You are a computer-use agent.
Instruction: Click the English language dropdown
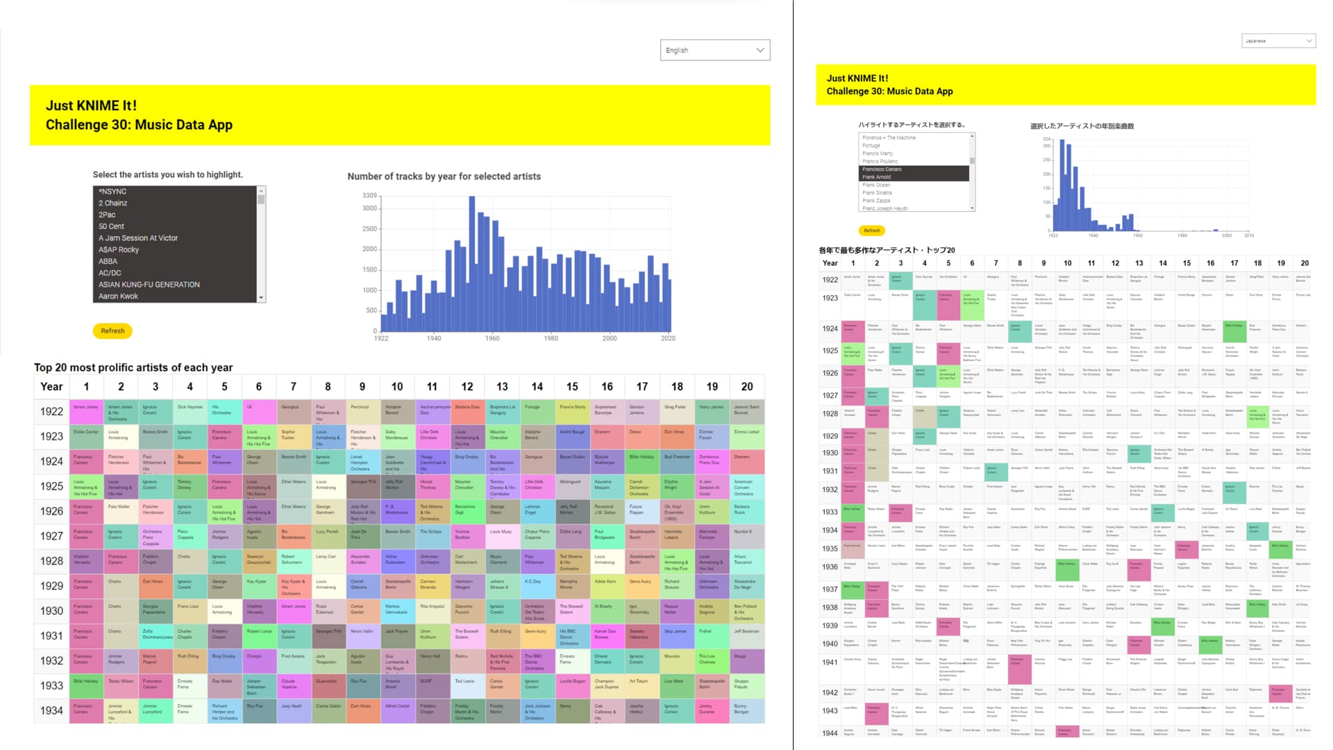point(714,50)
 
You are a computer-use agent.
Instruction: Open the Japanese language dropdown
point(1278,41)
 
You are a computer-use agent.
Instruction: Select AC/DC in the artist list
point(110,273)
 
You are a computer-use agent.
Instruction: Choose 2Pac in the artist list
point(107,215)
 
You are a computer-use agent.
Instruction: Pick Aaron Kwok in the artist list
point(118,296)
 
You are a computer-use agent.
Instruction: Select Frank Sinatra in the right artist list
point(877,192)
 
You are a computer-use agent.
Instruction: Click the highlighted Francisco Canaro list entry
point(882,169)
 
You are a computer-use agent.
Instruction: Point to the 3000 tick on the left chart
point(369,208)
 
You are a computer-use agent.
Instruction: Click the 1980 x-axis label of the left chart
point(551,338)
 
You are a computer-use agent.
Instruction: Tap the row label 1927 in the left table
point(51,536)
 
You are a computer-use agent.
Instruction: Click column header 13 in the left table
point(502,387)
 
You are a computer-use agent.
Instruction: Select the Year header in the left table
point(51,387)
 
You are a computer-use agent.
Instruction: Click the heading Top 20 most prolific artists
point(133,367)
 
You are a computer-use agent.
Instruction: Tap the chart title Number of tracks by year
point(444,176)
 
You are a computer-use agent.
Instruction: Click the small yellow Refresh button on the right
point(871,231)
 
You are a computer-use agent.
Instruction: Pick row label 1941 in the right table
point(830,662)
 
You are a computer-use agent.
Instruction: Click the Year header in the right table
point(830,263)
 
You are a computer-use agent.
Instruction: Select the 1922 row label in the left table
point(51,412)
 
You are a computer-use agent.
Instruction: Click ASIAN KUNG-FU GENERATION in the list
point(149,285)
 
